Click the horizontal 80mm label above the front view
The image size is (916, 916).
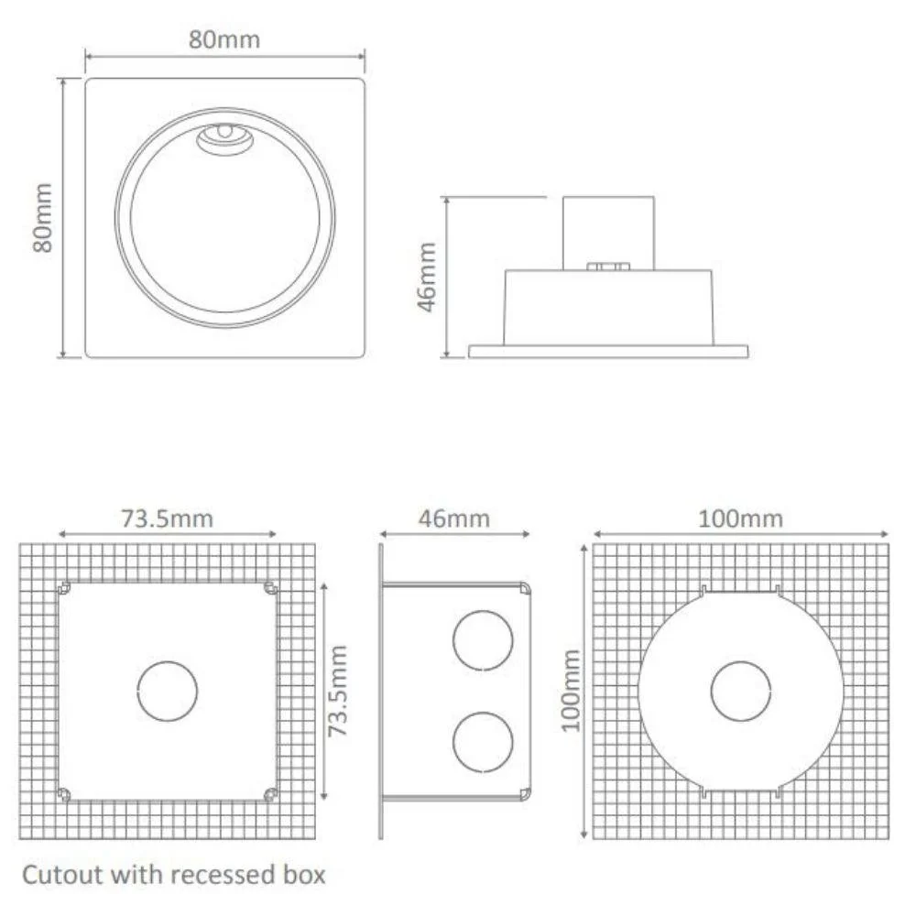tap(224, 39)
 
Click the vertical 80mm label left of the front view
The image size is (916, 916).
tap(43, 218)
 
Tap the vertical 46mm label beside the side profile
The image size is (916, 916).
tap(427, 277)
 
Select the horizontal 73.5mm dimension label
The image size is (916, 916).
tap(167, 518)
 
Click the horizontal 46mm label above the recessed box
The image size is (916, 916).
tap(455, 518)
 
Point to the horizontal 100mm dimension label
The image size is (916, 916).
tap(740, 518)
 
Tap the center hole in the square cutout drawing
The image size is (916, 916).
tap(167, 690)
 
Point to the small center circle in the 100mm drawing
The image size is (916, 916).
tap(740, 690)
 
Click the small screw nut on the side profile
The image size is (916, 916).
tap(607, 267)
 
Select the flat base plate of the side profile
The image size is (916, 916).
tap(607, 351)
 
